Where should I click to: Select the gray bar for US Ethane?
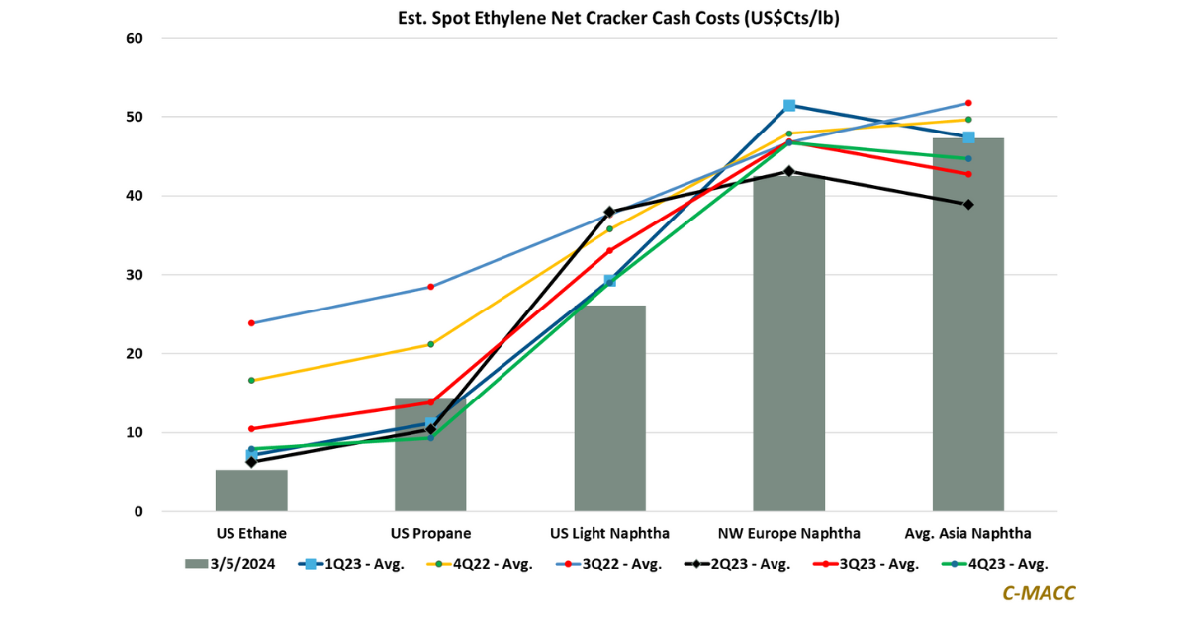click(251, 490)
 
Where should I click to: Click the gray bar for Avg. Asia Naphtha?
click(968, 326)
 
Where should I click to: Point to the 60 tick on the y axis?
click(134, 38)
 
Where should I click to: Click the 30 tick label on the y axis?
click(134, 275)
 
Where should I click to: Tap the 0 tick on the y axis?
click(137, 512)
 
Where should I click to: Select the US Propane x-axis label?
click(430, 533)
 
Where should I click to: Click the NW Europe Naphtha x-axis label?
click(789, 533)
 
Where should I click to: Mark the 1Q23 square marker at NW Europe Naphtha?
click(789, 105)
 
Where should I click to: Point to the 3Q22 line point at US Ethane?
click(251, 323)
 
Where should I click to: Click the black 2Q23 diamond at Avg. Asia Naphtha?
click(968, 205)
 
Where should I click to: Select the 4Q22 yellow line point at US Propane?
click(430, 344)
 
